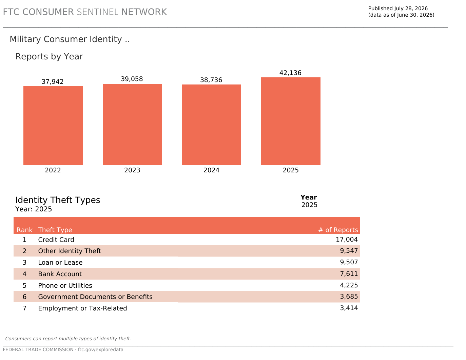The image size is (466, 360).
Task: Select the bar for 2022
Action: tap(53, 126)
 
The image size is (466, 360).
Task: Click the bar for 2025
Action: tap(291, 121)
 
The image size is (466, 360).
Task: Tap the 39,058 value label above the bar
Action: tap(132, 79)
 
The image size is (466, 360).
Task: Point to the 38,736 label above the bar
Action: tap(211, 80)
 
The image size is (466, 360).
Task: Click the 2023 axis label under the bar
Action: tap(132, 170)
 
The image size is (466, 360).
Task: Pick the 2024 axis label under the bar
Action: tap(211, 170)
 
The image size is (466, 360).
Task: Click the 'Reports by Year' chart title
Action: tap(49, 57)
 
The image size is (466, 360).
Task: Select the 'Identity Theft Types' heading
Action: tap(58, 200)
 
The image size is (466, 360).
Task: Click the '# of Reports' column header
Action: tap(338, 230)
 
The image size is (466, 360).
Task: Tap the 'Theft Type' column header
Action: tap(55, 230)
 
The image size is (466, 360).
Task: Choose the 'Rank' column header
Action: tap(24, 230)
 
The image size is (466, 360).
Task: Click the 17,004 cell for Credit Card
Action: tap(347, 240)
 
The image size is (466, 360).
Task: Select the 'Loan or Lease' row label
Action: tap(60, 262)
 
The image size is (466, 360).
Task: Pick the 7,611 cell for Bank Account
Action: tap(349, 274)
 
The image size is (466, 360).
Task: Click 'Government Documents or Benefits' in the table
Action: tap(95, 297)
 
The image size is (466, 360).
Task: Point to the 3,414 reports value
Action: tap(349, 308)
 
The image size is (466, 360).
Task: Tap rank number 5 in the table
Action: tap(24, 286)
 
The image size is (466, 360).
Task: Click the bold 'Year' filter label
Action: tap(309, 197)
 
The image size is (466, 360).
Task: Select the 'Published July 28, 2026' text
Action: tap(398, 8)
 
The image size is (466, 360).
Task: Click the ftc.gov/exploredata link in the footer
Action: tap(101, 349)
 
